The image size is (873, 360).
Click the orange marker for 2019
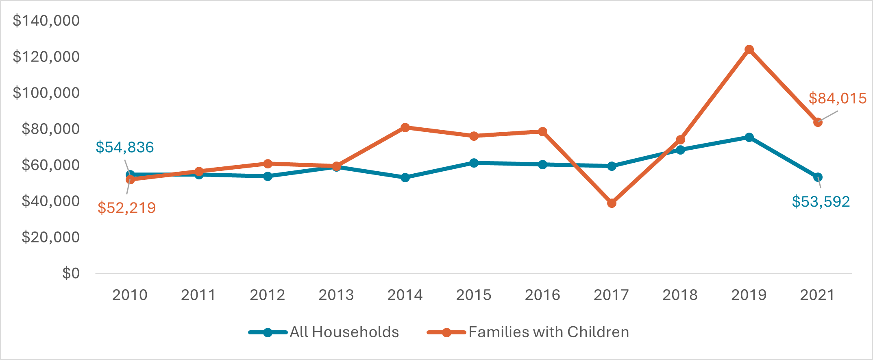(x=749, y=50)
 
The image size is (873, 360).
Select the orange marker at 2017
(x=612, y=203)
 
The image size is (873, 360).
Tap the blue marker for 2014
(x=405, y=177)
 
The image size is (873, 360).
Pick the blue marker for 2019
(x=749, y=137)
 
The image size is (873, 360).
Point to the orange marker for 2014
(x=405, y=128)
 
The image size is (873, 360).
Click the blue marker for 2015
(x=474, y=163)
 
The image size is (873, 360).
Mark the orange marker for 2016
(x=542, y=132)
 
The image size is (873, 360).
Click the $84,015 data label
(x=837, y=98)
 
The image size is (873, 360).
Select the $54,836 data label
(x=125, y=147)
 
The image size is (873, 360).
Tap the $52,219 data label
(x=127, y=208)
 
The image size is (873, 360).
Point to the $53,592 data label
(x=821, y=202)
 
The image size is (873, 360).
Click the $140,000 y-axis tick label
(x=46, y=20)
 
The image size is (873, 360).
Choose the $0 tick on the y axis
(x=71, y=273)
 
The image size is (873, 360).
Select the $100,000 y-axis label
(x=46, y=93)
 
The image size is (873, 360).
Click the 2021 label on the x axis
(x=817, y=295)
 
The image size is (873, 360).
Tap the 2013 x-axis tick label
(x=336, y=295)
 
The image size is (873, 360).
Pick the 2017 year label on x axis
(x=611, y=295)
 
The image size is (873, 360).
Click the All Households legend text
(x=344, y=332)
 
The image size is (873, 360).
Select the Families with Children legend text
(x=549, y=332)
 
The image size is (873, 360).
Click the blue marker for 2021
(x=818, y=177)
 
